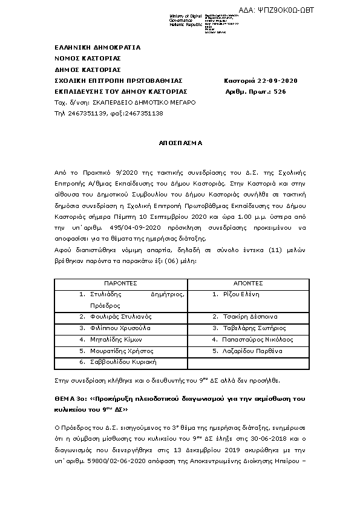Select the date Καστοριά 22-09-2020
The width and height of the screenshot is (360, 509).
click(x=260, y=81)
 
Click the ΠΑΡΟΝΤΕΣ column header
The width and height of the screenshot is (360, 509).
click(x=120, y=283)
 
